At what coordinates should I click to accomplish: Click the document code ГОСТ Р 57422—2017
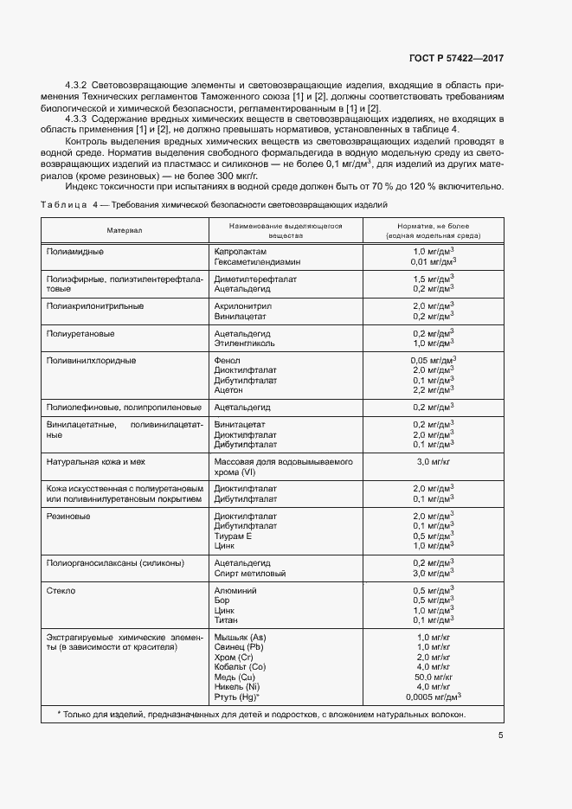pos(455,58)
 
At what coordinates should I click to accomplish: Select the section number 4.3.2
pos(80,87)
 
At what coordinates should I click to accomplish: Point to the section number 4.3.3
pos(80,118)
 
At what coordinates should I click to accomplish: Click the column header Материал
pos(125,231)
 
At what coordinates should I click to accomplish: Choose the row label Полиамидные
pos(75,251)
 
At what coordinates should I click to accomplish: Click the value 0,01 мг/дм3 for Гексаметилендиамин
pos(434,260)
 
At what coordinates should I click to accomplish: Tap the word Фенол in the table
pos(227,361)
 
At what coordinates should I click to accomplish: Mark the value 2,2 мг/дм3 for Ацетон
pos(434,390)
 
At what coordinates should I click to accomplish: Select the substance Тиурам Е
pos(233,536)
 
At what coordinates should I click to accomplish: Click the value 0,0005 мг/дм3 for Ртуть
pos(434,696)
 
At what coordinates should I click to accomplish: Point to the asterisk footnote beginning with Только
pos(261,715)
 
